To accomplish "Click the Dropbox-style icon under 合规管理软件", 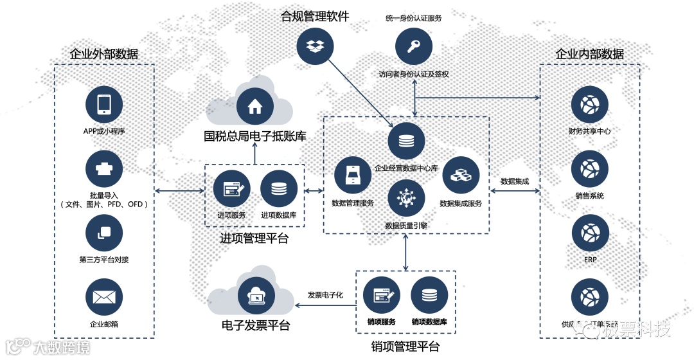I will click(315, 46).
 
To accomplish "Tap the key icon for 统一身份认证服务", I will click(413, 46).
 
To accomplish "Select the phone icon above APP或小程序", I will click(104, 105).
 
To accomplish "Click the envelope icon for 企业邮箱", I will click(104, 297).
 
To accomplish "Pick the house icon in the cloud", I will click(255, 105).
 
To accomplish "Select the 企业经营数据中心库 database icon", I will click(406, 141).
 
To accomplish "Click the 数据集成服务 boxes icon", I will click(461, 175).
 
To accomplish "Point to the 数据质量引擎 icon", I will click(406, 198).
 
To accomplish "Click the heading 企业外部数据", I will click(104, 54).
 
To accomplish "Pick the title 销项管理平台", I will click(405, 348).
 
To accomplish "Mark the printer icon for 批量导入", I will click(104, 169).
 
